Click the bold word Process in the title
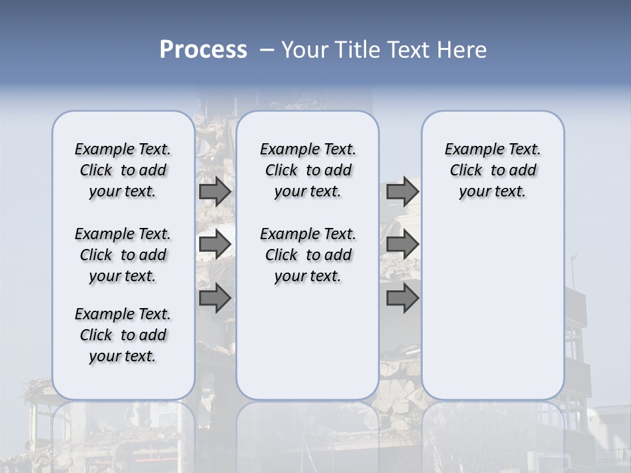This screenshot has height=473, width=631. point(203,50)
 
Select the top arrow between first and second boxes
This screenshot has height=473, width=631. point(215,192)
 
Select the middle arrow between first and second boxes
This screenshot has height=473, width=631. point(215,244)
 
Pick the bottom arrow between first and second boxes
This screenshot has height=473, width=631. point(215,298)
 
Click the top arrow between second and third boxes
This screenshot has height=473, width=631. point(402,192)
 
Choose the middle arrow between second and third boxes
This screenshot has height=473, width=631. point(402,244)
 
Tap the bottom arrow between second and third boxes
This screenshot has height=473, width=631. point(402,298)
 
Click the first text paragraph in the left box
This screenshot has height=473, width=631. point(123,170)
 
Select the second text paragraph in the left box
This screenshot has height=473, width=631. point(123,255)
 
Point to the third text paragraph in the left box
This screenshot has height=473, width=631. point(123,335)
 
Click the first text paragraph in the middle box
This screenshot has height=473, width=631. point(308,170)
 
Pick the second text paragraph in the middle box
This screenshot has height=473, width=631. point(308,255)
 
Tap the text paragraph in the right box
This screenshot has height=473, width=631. point(492,170)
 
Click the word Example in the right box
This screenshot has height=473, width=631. point(469,150)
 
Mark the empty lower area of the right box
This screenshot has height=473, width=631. point(492,309)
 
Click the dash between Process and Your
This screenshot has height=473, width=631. point(267,50)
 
